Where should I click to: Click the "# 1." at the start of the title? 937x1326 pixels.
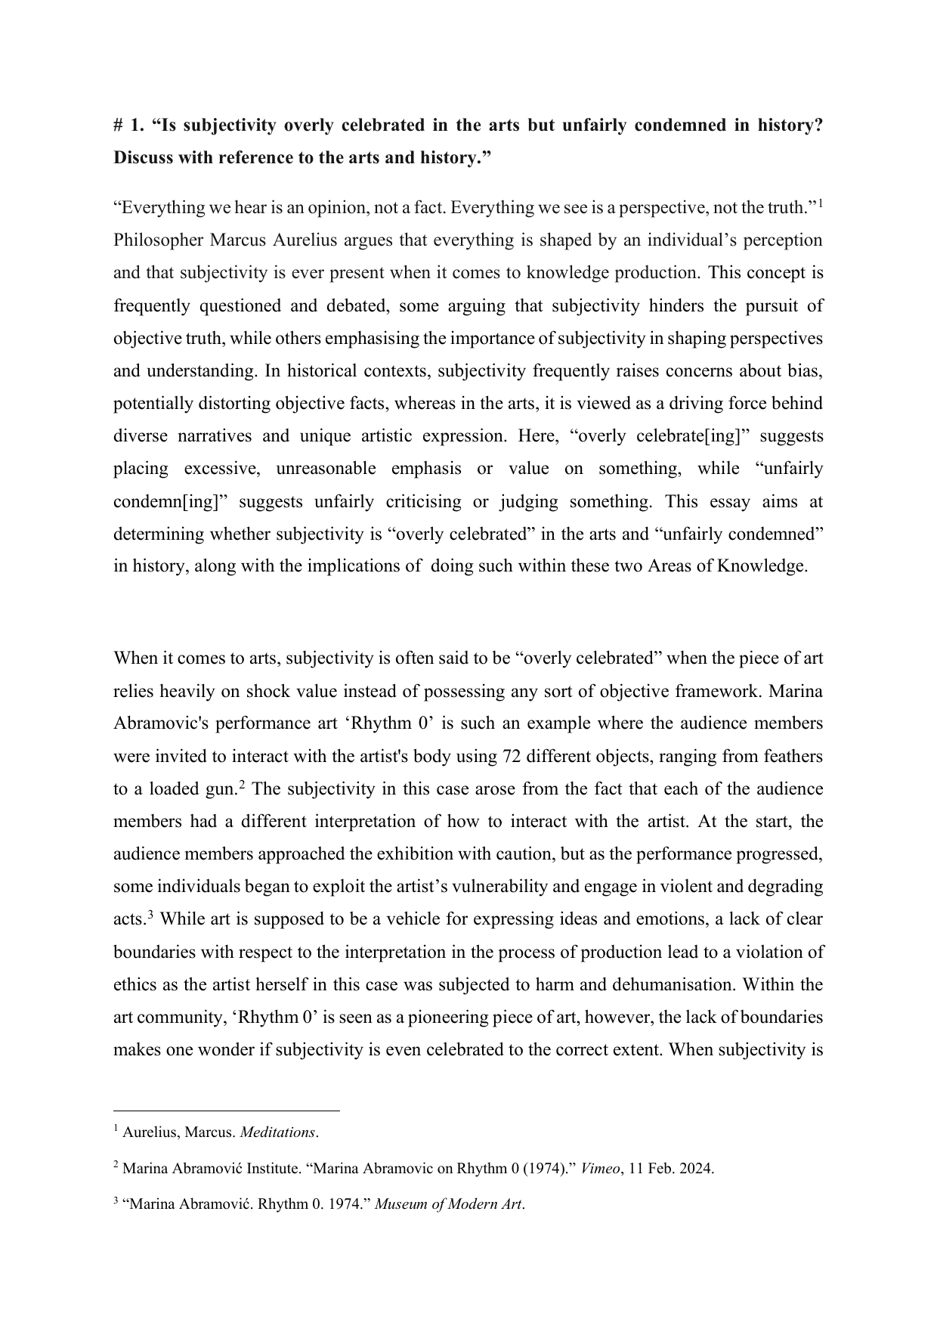(128, 125)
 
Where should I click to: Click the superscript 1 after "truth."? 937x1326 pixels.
(821, 203)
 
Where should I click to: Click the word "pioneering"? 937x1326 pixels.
(444, 1018)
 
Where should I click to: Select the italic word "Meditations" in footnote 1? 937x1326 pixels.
(277, 1132)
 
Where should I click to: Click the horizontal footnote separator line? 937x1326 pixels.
(226, 1111)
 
